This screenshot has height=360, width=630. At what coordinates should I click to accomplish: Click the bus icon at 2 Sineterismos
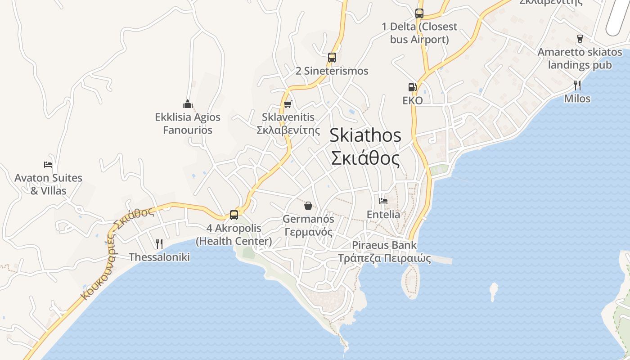click(332, 58)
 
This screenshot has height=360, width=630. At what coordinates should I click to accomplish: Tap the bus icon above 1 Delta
click(419, 13)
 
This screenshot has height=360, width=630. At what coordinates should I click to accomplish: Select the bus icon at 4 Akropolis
click(234, 215)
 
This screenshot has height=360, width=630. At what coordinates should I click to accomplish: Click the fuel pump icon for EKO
click(412, 87)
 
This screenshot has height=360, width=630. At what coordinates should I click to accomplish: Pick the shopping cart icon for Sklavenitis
click(288, 104)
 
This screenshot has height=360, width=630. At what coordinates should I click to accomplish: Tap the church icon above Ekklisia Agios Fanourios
click(188, 104)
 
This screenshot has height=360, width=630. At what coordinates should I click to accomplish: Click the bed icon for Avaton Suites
click(48, 165)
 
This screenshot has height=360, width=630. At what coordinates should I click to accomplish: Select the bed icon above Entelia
click(383, 201)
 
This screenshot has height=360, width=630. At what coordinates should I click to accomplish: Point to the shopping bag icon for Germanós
click(308, 206)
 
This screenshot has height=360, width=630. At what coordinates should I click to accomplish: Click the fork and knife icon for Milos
click(577, 85)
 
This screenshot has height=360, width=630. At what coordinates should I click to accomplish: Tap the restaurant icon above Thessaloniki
click(159, 244)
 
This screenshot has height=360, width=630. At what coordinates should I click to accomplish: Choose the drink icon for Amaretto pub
click(580, 39)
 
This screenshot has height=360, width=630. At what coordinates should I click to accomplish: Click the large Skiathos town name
click(365, 135)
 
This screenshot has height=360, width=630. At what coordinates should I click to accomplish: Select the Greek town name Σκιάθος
click(365, 158)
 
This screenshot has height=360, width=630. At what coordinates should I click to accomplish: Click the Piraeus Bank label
click(384, 245)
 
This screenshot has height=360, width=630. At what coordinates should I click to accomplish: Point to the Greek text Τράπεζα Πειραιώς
click(384, 259)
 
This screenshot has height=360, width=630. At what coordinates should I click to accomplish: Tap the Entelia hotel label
click(383, 215)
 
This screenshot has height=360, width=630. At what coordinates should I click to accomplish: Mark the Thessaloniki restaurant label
click(159, 257)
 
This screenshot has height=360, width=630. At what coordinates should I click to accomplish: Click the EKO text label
click(413, 100)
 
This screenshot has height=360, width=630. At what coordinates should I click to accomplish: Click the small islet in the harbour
click(494, 290)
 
